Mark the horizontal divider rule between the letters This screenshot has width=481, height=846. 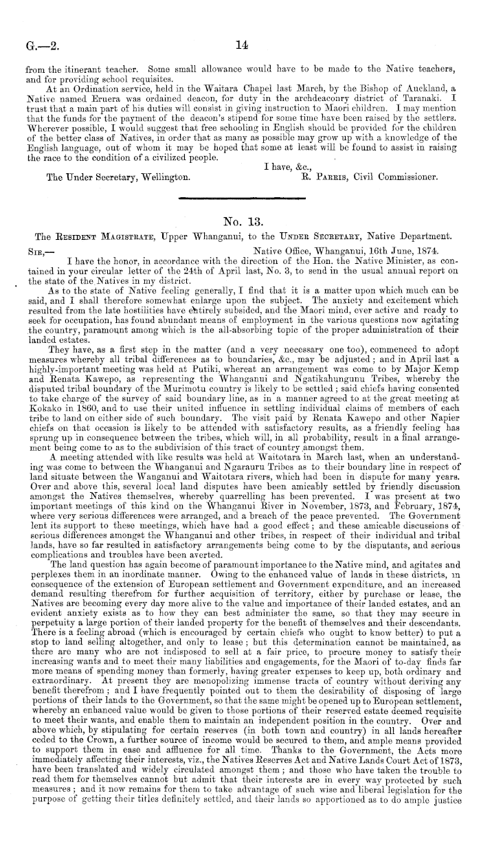pos(240,198)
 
